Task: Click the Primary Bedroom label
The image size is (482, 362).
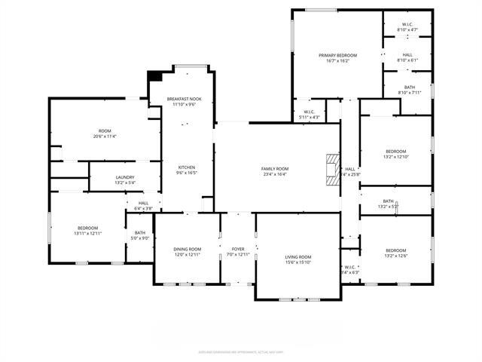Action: [x=337, y=55]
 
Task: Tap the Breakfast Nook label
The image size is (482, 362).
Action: [x=185, y=99]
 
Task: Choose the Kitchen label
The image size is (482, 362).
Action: [x=187, y=167]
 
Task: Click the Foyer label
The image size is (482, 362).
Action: [x=237, y=249]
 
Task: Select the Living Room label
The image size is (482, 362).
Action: [x=297, y=258]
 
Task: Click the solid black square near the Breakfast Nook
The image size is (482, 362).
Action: [x=155, y=75]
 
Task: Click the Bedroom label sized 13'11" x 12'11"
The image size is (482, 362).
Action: [x=87, y=228]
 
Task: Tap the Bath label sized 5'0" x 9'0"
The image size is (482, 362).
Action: [x=140, y=233]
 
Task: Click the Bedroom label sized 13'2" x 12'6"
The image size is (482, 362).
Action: [x=395, y=250]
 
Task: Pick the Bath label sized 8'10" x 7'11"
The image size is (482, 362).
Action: [x=409, y=87]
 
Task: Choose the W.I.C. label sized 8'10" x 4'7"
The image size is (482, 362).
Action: [x=407, y=24]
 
